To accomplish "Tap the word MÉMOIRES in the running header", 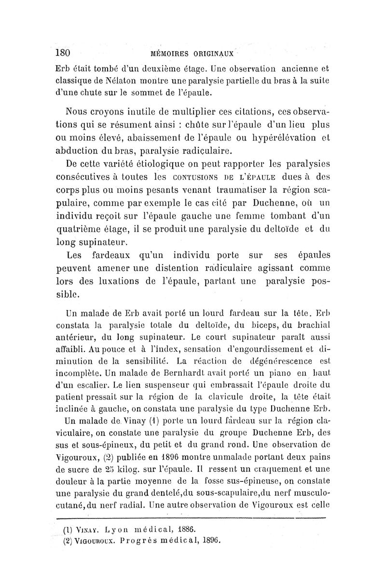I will pos(171,53).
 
